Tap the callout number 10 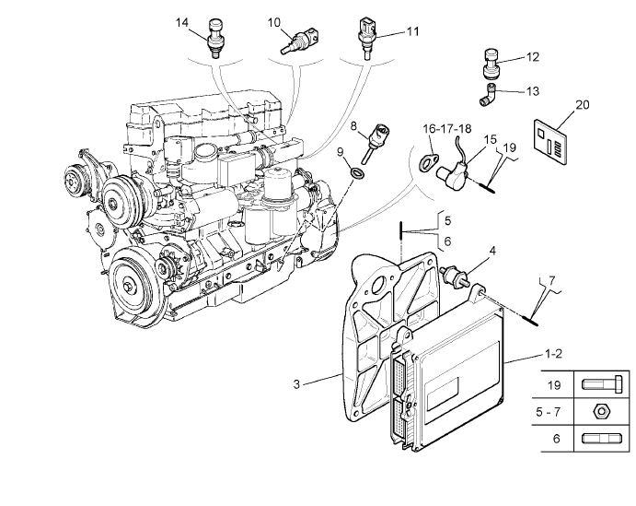(x=274, y=21)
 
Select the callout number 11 (x=412, y=30)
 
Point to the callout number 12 (x=532, y=57)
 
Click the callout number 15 (x=491, y=140)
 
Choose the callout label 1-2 (x=554, y=353)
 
